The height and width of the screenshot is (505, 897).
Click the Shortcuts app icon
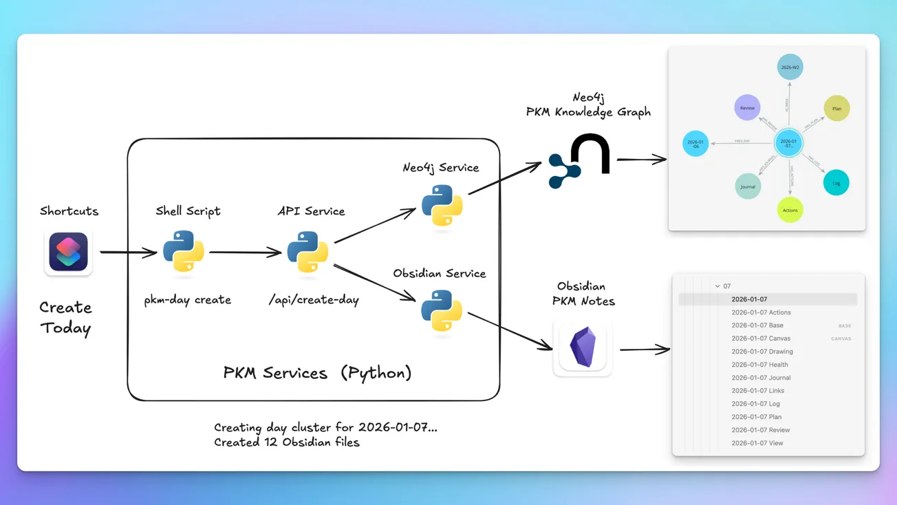68,252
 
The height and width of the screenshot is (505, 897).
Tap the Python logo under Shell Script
184,252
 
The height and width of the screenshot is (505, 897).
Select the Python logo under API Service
307,252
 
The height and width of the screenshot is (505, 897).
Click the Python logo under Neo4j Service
442,205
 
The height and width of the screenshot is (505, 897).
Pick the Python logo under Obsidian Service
442,311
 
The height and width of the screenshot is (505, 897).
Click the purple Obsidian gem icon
583,347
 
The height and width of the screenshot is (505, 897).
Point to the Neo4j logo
579,161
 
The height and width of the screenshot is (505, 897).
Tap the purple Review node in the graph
747,108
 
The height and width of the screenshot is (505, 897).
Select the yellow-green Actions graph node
790,210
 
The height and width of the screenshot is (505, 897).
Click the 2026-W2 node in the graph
790,67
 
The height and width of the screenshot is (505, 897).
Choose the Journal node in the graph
748,186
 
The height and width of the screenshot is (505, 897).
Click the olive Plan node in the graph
836,109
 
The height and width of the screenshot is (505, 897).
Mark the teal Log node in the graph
836,183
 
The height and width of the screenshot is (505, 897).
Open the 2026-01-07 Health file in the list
759,365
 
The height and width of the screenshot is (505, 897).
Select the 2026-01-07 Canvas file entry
761,339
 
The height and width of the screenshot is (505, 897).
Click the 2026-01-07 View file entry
757,443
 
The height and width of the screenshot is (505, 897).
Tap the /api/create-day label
314,300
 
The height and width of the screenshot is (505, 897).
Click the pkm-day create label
187,300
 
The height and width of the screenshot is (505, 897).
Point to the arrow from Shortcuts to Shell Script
128,252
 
